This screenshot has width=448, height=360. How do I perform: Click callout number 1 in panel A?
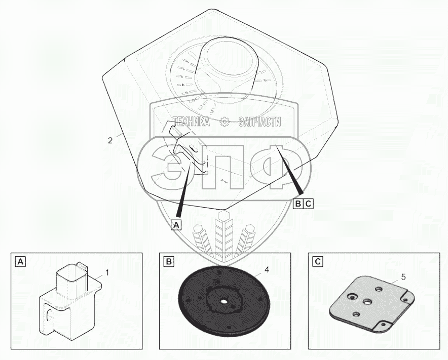pos(106,273)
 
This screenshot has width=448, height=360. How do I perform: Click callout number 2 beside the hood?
pos(110,140)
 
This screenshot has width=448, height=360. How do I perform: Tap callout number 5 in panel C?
pos(403,277)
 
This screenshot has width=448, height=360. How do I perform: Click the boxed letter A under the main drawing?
pos(176,224)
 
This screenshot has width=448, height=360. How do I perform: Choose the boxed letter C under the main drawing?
pos(309,204)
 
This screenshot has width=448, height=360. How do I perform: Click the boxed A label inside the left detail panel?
pos(20,262)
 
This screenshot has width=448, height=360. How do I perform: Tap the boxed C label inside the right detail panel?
pos(317,262)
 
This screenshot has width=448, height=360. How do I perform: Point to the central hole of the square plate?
pos(368,301)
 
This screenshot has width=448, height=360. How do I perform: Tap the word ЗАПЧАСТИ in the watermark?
pos(258,122)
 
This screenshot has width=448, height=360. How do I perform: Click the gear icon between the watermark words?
pos(224,122)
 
